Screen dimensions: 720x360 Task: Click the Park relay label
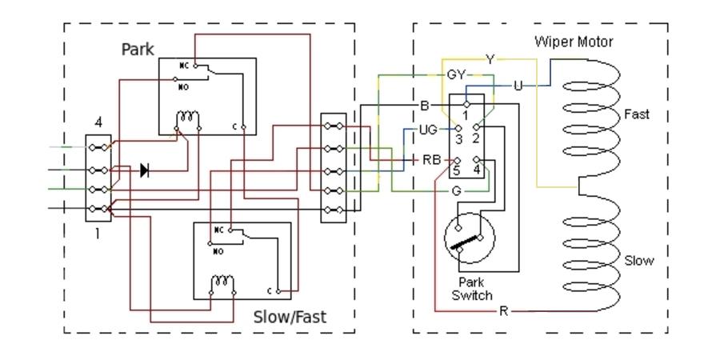[138, 49]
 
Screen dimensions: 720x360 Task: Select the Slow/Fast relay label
[290, 317]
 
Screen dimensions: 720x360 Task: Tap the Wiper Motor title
[574, 42]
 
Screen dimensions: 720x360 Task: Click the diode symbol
[145, 170]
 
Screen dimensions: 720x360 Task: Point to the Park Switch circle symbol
[470, 238]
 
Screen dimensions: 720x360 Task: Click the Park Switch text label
[471, 288]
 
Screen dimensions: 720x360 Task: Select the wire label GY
[456, 75]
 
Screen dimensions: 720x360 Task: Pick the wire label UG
[428, 130]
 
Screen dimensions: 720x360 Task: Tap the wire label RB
[432, 160]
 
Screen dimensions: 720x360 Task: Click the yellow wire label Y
[490, 59]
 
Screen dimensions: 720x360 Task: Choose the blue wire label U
[518, 86]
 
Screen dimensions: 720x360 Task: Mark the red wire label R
[504, 311]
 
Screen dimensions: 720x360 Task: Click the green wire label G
[457, 191]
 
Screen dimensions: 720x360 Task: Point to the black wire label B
[425, 106]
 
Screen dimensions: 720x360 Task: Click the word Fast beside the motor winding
[637, 114]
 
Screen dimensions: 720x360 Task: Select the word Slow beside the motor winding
[638, 261]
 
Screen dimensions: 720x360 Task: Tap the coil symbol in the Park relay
[188, 116]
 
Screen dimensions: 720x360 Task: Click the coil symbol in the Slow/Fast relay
[222, 281]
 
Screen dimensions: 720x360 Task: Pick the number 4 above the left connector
[98, 123]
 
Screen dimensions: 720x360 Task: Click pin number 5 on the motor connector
[456, 171]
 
